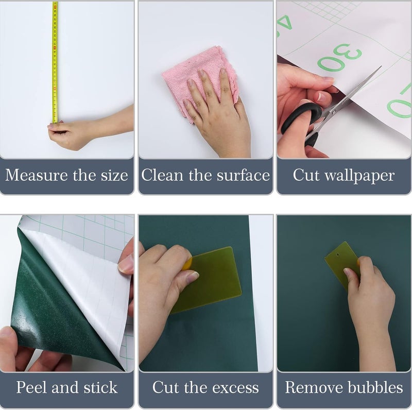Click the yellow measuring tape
coord(55,62)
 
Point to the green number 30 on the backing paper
coord(339,57)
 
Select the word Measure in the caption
coord(36,175)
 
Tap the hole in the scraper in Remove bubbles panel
coord(337,254)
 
